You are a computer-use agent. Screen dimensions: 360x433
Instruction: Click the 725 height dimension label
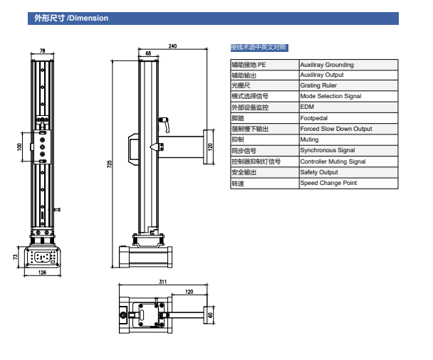coord(110,164)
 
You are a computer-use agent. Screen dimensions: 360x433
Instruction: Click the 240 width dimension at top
coord(172,46)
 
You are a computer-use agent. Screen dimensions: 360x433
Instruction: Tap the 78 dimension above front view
coord(42,51)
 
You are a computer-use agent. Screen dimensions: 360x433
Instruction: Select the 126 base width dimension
coord(42,272)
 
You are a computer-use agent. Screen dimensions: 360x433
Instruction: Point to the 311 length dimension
coord(162,282)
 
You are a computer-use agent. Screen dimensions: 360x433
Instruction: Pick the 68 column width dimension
coord(147,53)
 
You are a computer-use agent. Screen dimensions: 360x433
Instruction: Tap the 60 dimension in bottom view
coord(210,314)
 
